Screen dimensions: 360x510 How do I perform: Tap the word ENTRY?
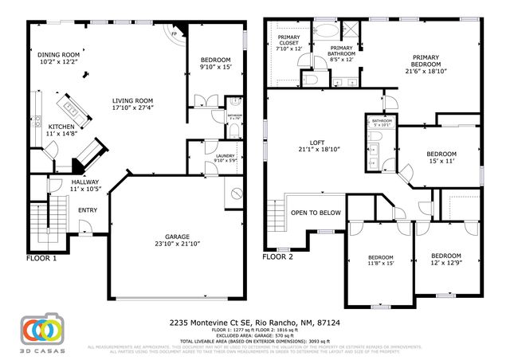point(87,210)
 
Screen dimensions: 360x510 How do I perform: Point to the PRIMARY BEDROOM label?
point(429,62)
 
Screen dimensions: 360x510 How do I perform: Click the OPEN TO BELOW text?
point(316,213)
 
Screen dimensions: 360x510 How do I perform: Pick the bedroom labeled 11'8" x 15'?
point(380,258)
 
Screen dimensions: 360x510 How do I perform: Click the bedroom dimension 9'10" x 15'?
point(214,67)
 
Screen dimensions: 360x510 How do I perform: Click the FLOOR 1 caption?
point(41,258)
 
